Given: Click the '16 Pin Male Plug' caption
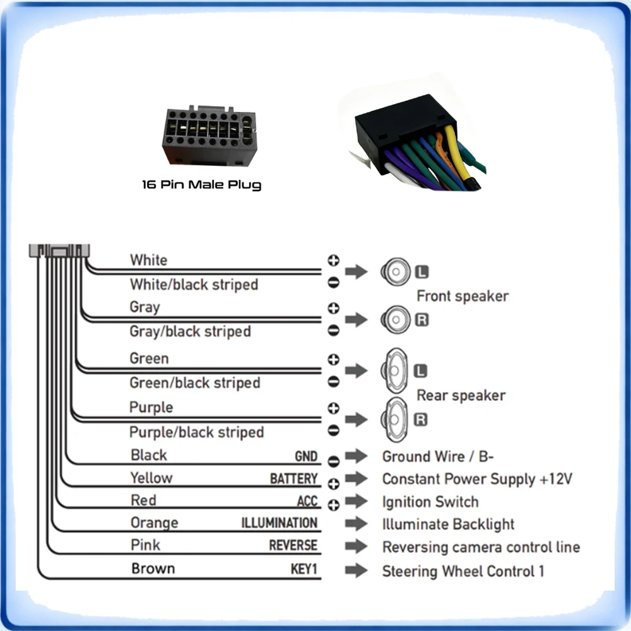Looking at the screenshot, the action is (202, 185).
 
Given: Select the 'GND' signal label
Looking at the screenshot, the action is (306, 456).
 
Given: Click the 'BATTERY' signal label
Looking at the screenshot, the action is (294, 478).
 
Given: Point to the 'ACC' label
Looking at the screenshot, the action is (307, 501).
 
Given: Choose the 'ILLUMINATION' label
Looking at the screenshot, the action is (280, 522).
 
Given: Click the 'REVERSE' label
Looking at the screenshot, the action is (293, 545).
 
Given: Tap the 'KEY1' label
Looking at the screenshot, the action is (304, 569).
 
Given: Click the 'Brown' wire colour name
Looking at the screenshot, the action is (153, 569).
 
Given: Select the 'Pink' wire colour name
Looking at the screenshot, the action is (145, 545).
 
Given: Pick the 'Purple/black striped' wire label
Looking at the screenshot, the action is (196, 432).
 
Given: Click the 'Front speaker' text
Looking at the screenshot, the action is (463, 296).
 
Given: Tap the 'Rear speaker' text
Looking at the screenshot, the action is (461, 396).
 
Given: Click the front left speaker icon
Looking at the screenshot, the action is (396, 271).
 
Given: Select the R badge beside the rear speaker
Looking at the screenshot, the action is (420, 420).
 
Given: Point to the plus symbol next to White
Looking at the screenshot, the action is (333, 261).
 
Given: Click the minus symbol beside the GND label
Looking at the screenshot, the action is (333, 461).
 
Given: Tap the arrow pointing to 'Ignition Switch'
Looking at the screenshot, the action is (356, 502).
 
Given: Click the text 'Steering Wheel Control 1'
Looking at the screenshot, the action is (463, 571).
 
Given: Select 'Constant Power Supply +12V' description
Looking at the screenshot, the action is (477, 479).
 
